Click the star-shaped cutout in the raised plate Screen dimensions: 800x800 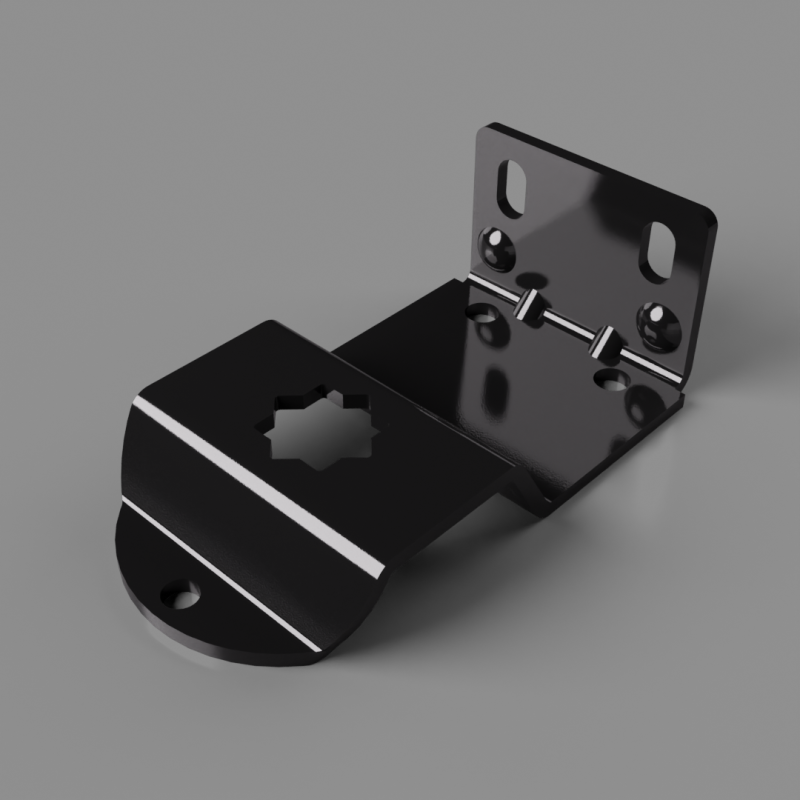[307, 427]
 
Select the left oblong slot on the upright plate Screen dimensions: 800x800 [513, 187]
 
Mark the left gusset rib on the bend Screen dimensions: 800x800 [527, 304]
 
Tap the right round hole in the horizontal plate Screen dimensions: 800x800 [612, 379]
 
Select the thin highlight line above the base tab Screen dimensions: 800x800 [220, 570]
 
